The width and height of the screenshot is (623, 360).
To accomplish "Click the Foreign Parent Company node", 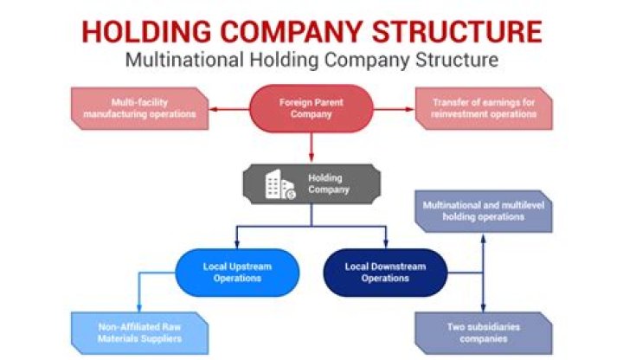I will [x=311, y=108].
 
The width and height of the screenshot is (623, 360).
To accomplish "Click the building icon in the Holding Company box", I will [x=279, y=185].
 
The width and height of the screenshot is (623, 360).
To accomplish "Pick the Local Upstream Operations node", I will [x=238, y=273].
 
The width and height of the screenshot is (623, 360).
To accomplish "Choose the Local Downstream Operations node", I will [x=385, y=273].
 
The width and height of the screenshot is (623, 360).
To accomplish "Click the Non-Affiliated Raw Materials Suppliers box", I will [x=139, y=332].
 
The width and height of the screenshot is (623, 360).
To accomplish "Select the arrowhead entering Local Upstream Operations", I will [x=238, y=246].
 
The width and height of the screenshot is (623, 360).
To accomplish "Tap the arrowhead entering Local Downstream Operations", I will [x=385, y=246].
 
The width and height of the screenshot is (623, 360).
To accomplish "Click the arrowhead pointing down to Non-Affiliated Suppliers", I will [x=139, y=309].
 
